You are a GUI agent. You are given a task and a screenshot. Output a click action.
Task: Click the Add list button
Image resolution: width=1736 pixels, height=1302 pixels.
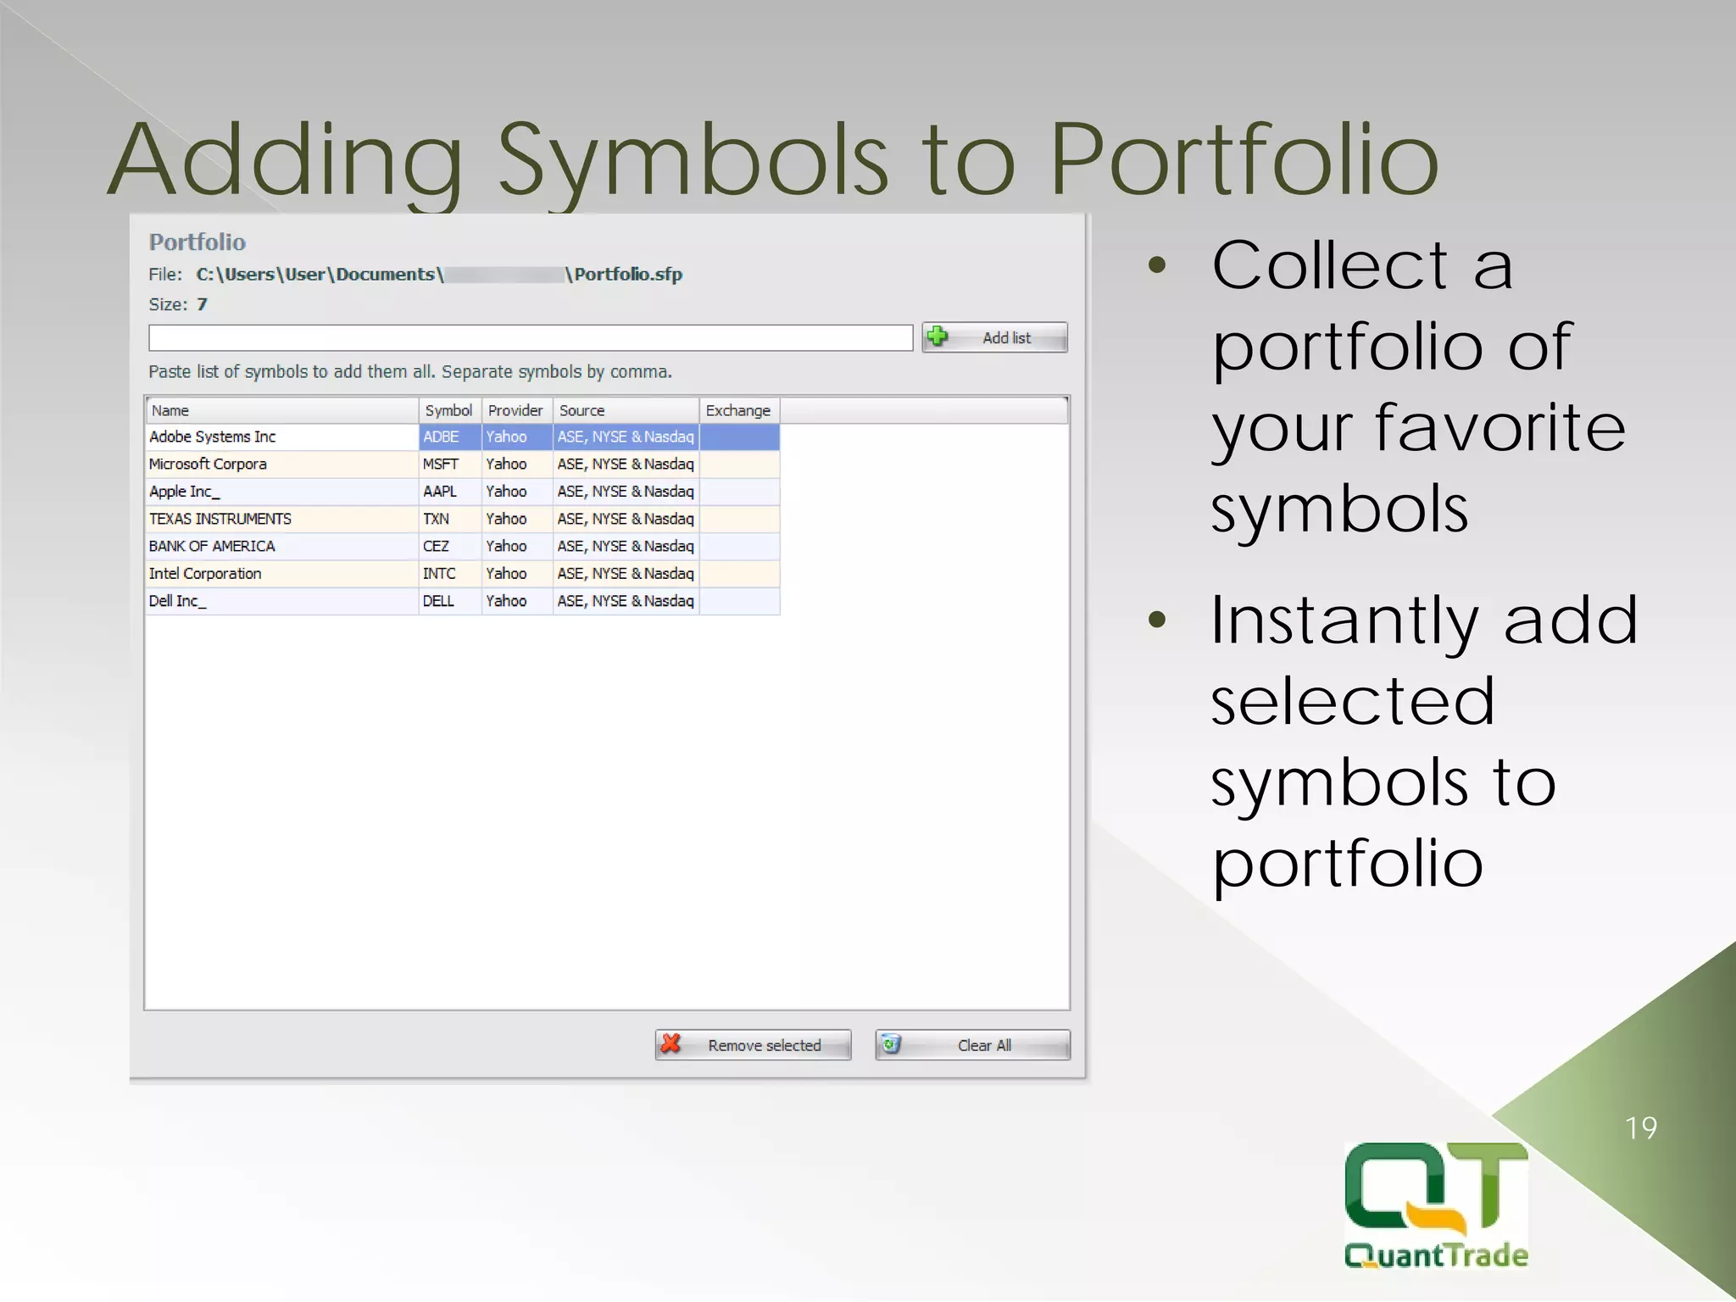[x=994, y=337]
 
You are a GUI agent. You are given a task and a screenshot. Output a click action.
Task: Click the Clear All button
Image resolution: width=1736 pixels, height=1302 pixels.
[x=973, y=1045]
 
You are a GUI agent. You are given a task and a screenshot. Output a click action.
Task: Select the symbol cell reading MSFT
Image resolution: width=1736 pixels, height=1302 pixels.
[x=441, y=465]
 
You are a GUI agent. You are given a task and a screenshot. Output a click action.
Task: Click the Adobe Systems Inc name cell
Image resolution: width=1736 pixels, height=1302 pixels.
[x=213, y=437]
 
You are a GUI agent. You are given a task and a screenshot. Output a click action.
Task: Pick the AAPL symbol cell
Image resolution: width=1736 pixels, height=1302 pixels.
[x=440, y=492]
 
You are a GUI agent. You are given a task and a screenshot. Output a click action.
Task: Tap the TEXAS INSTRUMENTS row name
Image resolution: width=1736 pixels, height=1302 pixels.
[x=220, y=519]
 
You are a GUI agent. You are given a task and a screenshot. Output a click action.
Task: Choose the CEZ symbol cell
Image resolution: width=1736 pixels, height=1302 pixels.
[x=437, y=547]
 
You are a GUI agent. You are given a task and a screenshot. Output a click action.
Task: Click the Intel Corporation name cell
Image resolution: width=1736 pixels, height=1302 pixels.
[x=205, y=574]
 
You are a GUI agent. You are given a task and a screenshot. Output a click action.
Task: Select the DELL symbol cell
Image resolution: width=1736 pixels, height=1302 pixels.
[x=439, y=601]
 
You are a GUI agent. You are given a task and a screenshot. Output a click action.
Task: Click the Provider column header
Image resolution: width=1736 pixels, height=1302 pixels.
[x=515, y=411]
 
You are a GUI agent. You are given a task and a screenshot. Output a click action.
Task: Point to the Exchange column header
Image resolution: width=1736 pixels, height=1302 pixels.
[x=738, y=411]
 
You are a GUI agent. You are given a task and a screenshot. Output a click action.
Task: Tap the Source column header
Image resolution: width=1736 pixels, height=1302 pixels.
[x=582, y=411]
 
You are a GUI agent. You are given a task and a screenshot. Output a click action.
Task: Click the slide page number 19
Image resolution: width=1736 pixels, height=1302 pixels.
[x=1641, y=1128]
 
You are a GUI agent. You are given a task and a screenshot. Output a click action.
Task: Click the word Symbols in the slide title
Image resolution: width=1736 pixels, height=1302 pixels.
[x=692, y=161]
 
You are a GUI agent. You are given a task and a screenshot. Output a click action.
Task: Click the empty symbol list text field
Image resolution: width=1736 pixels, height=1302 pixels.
[x=530, y=337]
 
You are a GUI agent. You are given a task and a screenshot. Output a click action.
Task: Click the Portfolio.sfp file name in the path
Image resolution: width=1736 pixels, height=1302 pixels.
[x=628, y=275]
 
